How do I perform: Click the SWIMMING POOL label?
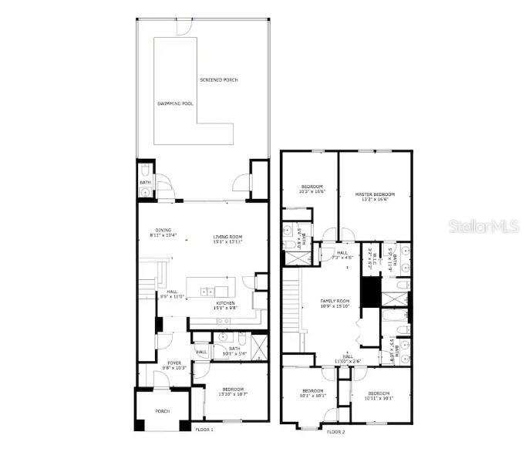point(175,103)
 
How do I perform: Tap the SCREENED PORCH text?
point(217,80)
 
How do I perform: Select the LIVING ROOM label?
point(227,237)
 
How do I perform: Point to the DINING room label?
point(163,230)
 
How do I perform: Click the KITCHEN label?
point(225,302)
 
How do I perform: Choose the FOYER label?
point(174,363)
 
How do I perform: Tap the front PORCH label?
point(163,411)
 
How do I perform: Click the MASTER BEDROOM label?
point(375,194)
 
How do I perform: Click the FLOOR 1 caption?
point(204,429)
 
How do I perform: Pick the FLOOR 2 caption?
point(335,431)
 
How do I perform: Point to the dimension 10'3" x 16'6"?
point(312,191)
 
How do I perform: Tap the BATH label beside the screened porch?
point(144,183)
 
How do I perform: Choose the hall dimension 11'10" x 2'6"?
point(348,361)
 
